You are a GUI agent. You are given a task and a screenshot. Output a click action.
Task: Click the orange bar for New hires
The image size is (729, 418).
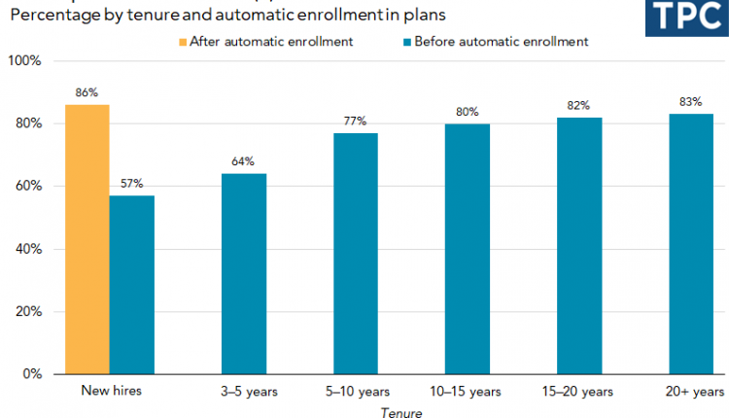87,239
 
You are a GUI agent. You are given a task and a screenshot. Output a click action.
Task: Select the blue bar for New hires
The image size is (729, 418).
131,285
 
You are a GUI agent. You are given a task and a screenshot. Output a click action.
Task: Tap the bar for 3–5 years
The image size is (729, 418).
243,273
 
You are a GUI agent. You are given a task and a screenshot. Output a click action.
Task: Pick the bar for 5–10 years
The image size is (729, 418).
355,253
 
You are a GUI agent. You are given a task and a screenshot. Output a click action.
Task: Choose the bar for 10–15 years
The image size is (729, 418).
468,249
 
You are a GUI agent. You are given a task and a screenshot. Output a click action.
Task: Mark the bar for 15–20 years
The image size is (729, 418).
579,245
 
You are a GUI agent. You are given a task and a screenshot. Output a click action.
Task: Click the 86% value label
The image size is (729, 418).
87,93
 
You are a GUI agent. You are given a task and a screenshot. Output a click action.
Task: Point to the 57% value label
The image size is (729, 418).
132,184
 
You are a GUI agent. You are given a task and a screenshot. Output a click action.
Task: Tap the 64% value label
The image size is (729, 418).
243,161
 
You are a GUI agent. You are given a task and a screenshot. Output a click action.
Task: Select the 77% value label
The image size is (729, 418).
355,121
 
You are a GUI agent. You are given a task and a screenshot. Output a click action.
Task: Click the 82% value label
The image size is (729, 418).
579,105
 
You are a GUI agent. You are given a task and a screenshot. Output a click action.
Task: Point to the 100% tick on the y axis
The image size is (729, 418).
24,61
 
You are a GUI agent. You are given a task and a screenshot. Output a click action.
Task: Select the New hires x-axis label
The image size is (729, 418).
109,392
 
